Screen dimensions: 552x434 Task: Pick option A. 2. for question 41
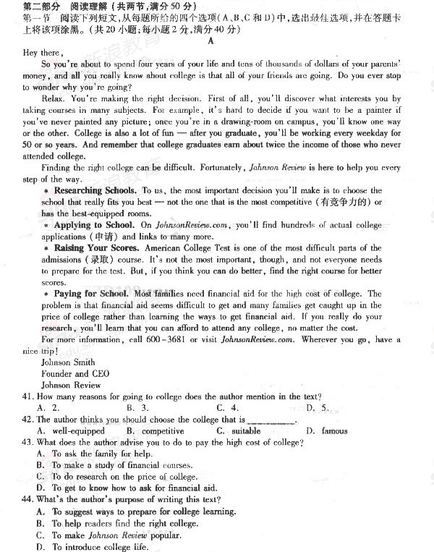(x=48, y=408)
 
